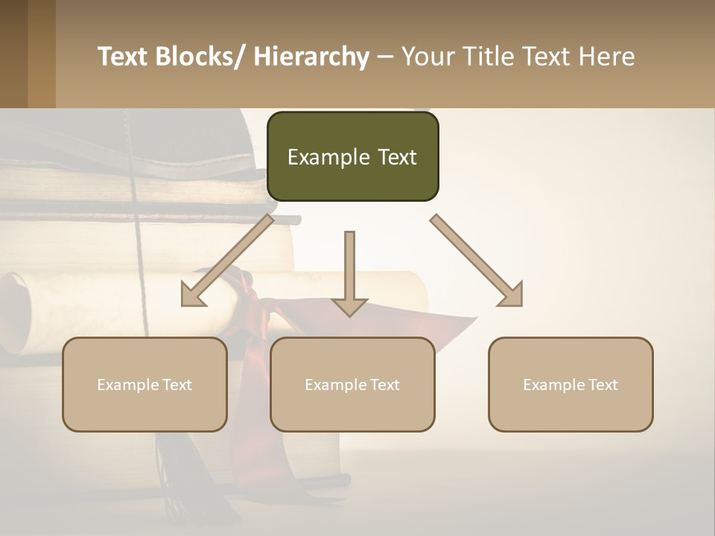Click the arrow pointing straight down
tap(349, 272)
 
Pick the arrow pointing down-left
tap(228, 261)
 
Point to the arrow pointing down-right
tap(475, 260)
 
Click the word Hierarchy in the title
tap(311, 57)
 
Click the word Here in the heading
tap(604, 57)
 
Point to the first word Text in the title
tap(124, 57)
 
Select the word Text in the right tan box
tap(602, 385)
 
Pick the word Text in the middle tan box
tap(384, 385)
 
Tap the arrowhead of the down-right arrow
tap(512, 296)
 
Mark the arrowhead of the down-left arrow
tap(191, 296)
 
